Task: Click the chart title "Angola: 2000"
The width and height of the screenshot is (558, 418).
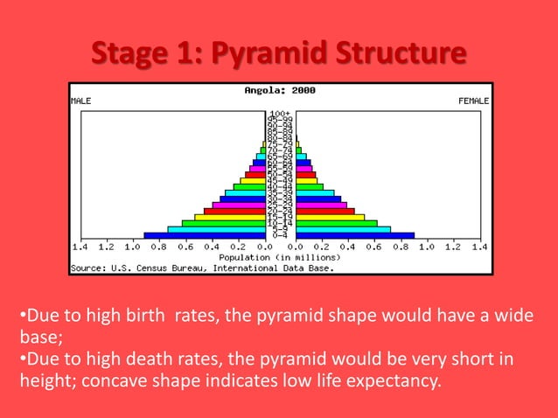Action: [x=281, y=90]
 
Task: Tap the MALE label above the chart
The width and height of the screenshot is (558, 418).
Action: [x=80, y=101]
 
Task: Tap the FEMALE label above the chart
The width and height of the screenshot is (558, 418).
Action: [x=473, y=101]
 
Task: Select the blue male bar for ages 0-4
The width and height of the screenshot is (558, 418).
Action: [x=205, y=235]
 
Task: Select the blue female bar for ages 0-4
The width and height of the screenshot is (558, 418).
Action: [x=355, y=235]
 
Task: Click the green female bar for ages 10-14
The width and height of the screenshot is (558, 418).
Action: [x=337, y=223]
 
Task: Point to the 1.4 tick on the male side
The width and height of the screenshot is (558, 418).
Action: [x=80, y=247]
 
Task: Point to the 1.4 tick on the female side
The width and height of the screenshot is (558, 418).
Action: [x=479, y=247]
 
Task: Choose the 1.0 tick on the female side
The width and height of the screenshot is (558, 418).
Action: [x=426, y=247]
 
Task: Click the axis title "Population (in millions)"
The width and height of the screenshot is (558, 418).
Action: [x=280, y=258]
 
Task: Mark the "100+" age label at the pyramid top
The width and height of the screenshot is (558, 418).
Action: [x=280, y=114]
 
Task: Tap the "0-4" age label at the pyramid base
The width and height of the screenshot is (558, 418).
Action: [x=280, y=235]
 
